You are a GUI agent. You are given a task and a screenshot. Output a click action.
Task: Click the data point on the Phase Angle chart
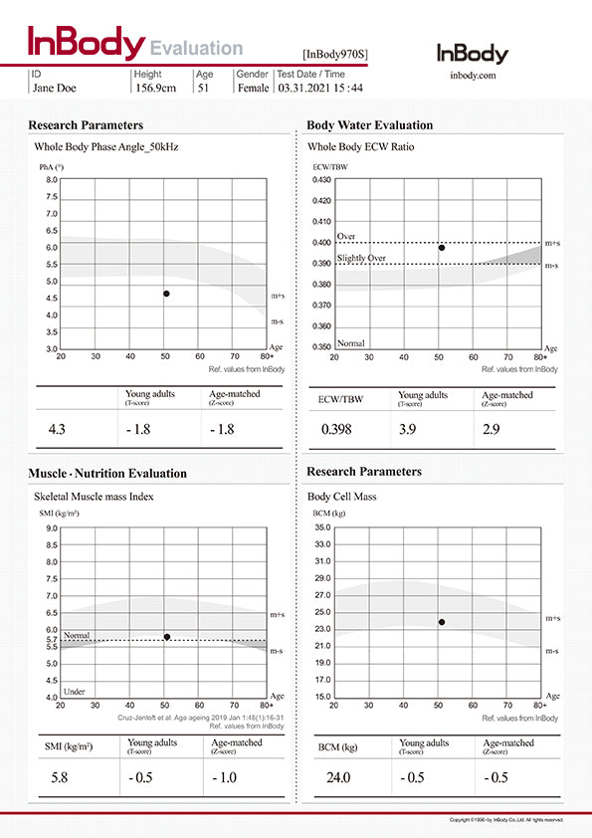point(166,294)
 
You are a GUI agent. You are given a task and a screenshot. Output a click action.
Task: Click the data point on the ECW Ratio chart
point(442,248)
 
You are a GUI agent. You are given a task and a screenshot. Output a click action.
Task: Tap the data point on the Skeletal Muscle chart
point(167,637)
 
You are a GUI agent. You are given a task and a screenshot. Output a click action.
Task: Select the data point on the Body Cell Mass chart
point(442,622)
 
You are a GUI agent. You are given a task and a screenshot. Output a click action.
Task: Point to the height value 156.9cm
point(156,88)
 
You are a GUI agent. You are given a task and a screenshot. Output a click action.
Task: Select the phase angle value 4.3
point(57,429)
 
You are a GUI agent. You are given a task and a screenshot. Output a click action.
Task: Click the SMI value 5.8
point(60,776)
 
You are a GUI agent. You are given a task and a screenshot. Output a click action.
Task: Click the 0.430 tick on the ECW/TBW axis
point(322,180)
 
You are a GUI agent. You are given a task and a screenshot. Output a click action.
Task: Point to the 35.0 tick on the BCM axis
point(322,527)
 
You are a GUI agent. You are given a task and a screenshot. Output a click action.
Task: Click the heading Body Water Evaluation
point(369,125)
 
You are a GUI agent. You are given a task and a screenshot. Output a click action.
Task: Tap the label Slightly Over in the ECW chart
point(361,259)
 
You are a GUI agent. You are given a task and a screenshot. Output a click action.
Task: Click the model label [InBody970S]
point(334,55)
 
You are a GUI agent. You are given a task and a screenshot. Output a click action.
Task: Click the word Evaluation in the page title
point(196,48)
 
